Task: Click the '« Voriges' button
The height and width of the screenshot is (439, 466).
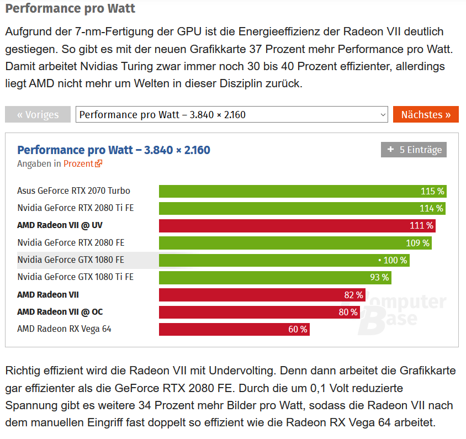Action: (x=38, y=114)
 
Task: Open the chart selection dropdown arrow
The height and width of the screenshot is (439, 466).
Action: (x=383, y=114)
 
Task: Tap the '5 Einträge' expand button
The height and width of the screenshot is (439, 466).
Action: (x=414, y=150)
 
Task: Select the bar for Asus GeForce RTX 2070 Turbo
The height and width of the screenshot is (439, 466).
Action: (x=302, y=191)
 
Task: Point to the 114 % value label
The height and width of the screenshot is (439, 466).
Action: (x=431, y=208)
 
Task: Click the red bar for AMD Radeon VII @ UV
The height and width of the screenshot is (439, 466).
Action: (x=296, y=226)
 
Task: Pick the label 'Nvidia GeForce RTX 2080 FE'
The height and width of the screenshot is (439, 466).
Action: (x=71, y=242)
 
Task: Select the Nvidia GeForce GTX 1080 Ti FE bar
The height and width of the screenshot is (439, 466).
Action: (x=275, y=277)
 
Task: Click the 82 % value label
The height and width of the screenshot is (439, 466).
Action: (x=353, y=295)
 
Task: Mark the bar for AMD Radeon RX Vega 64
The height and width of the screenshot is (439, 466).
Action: (x=234, y=329)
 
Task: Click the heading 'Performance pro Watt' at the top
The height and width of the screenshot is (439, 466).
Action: (x=71, y=9)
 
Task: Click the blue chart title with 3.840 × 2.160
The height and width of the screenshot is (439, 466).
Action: (x=114, y=150)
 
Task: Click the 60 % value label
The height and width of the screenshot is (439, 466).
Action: (x=297, y=329)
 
